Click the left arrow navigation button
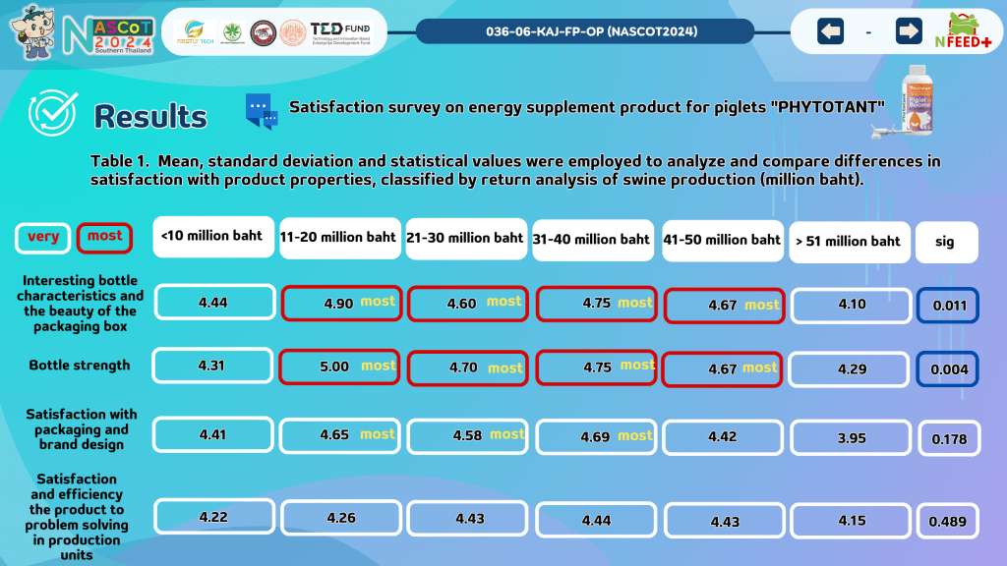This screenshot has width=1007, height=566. (831, 31)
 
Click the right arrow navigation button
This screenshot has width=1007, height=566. (909, 31)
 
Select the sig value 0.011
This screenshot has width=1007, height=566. (948, 305)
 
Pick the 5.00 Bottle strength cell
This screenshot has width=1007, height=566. (339, 367)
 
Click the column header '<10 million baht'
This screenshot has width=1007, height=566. (212, 237)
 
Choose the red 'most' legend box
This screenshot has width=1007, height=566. (104, 237)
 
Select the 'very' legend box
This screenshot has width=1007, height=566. (43, 237)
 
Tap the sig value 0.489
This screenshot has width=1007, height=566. (948, 522)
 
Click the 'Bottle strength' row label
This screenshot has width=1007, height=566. (79, 366)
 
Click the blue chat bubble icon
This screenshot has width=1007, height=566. (262, 112)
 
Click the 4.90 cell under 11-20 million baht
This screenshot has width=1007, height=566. (339, 303)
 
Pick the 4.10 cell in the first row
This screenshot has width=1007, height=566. (852, 305)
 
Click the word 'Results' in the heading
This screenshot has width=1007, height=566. (150, 117)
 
